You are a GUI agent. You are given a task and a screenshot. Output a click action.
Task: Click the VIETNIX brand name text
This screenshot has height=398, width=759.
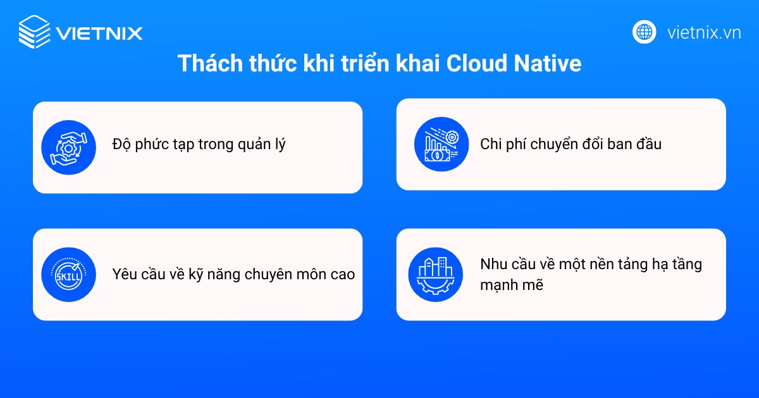click(x=99, y=33)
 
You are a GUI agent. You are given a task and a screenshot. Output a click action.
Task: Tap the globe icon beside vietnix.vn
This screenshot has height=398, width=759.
click(x=644, y=32)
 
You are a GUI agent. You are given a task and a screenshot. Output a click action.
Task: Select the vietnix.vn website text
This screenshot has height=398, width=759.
click(x=704, y=33)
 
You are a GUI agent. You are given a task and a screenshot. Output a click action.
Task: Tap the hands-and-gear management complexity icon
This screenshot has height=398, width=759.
click(x=68, y=148)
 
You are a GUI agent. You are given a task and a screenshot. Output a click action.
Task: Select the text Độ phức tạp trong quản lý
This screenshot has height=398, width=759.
click(x=199, y=145)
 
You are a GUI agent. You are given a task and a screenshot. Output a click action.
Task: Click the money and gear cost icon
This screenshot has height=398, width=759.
click(x=441, y=145)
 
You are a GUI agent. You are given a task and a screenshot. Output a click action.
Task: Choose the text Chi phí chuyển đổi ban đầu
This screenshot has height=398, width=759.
click(x=571, y=144)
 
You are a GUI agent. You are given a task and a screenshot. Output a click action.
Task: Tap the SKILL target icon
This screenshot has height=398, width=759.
click(x=68, y=275)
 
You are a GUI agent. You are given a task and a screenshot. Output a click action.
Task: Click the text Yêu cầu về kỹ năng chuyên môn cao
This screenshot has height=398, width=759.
click(x=233, y=275)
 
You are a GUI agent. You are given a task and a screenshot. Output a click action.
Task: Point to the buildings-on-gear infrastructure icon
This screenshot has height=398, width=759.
click(x=436, y=275)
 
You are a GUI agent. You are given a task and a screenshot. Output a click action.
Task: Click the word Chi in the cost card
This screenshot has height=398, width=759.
click(x=490, y=144)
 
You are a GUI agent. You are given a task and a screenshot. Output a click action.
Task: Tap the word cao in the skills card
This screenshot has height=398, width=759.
click(x=342, y=275)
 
